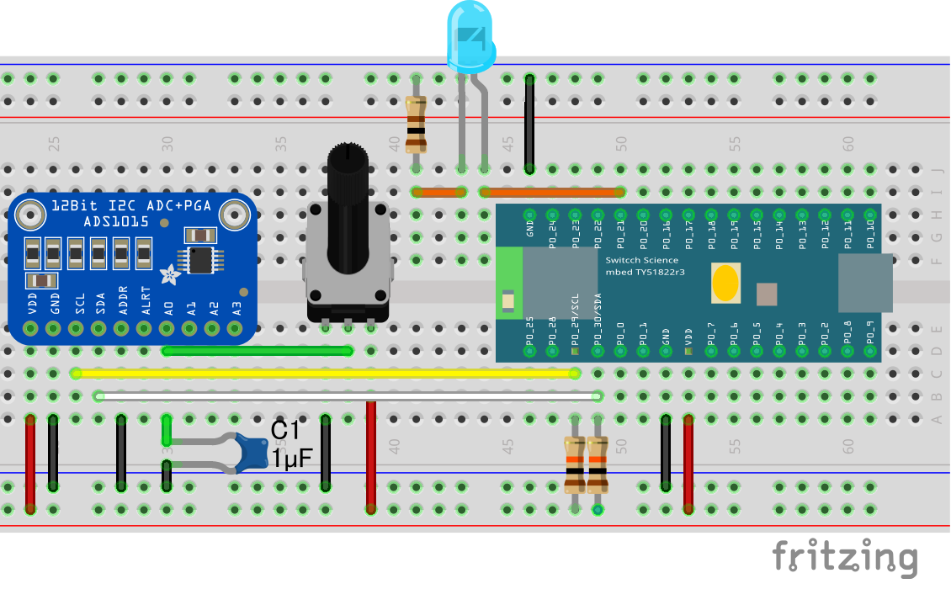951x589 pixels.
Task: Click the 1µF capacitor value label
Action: pos(291,459)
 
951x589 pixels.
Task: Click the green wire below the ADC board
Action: pos(257,351)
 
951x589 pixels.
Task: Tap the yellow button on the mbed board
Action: pos(725,284)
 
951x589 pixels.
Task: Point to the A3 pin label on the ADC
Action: pos(236,307)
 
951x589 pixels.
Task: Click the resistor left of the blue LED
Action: pos(416,124)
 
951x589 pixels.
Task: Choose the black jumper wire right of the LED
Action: pos(529,124)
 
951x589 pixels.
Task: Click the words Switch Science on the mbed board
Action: pos(642,260)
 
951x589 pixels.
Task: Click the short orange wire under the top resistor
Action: pos(439,192)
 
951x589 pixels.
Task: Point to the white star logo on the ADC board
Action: pos(170,273)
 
